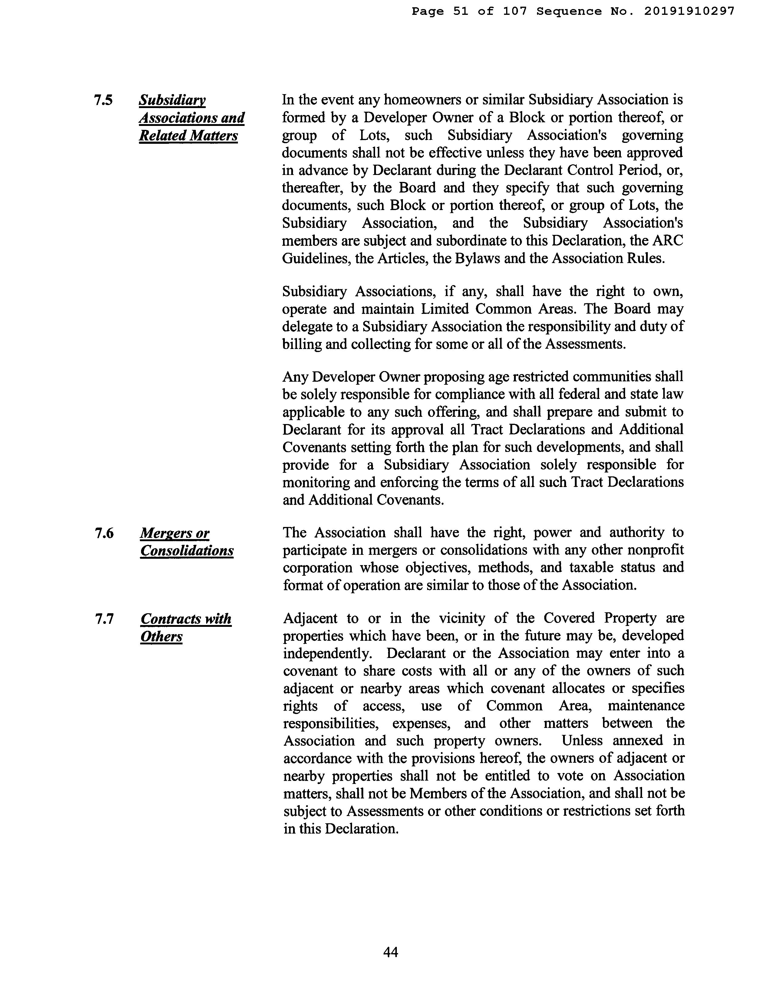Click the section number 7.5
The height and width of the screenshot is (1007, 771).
click(x=103, y=100)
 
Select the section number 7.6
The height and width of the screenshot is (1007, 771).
click(x=104, y=533)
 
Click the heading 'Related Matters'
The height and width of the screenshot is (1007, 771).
click(x=188, y=136)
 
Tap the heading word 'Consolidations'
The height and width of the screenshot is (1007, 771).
click(x=187, y=551)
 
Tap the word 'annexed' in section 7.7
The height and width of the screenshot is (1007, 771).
click(x=638, y=740)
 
